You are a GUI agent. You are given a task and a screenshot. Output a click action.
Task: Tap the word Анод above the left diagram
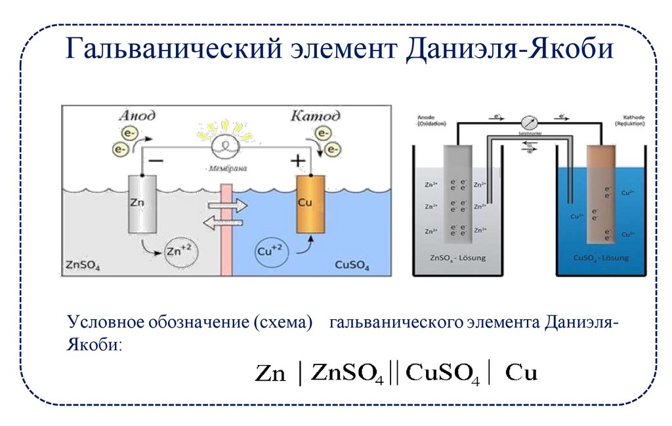click(136, 116)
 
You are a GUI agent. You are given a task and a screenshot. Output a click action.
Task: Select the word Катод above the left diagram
click(315, 116)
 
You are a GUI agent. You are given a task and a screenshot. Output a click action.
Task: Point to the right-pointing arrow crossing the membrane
click(227, 206)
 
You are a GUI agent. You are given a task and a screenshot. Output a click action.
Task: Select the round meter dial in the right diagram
click(530, 123)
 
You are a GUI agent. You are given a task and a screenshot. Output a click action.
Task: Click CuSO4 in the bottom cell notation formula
click(444, 374)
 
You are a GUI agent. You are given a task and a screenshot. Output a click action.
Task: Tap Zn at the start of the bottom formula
click(270, 374)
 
